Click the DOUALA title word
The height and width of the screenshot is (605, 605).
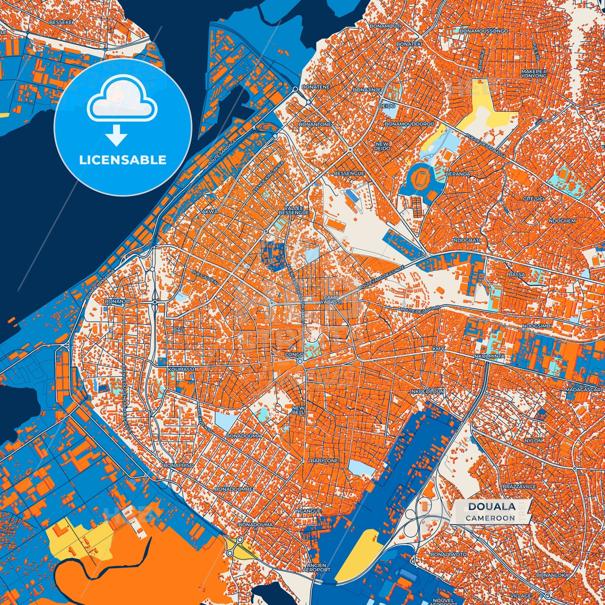pos(492,507)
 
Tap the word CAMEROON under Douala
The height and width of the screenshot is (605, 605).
pos(490,518)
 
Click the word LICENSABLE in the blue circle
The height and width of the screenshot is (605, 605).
pos(123,160)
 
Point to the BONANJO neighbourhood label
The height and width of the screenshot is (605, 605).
pos(117,301)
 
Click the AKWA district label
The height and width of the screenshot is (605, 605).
pos(210,212)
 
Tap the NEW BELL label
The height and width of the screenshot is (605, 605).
pos(299,410)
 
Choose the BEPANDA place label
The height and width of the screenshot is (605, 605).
pos(458,174)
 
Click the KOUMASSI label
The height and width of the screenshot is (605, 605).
pos(181,370)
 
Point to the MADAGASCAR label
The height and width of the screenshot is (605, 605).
pos(583,390)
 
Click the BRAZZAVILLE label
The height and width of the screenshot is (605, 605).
pos(519,487)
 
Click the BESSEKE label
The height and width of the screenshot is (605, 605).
pos(61,22)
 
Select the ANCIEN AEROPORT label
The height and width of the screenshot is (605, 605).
pos(317,567)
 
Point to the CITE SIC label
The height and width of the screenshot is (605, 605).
pos(534,198)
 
